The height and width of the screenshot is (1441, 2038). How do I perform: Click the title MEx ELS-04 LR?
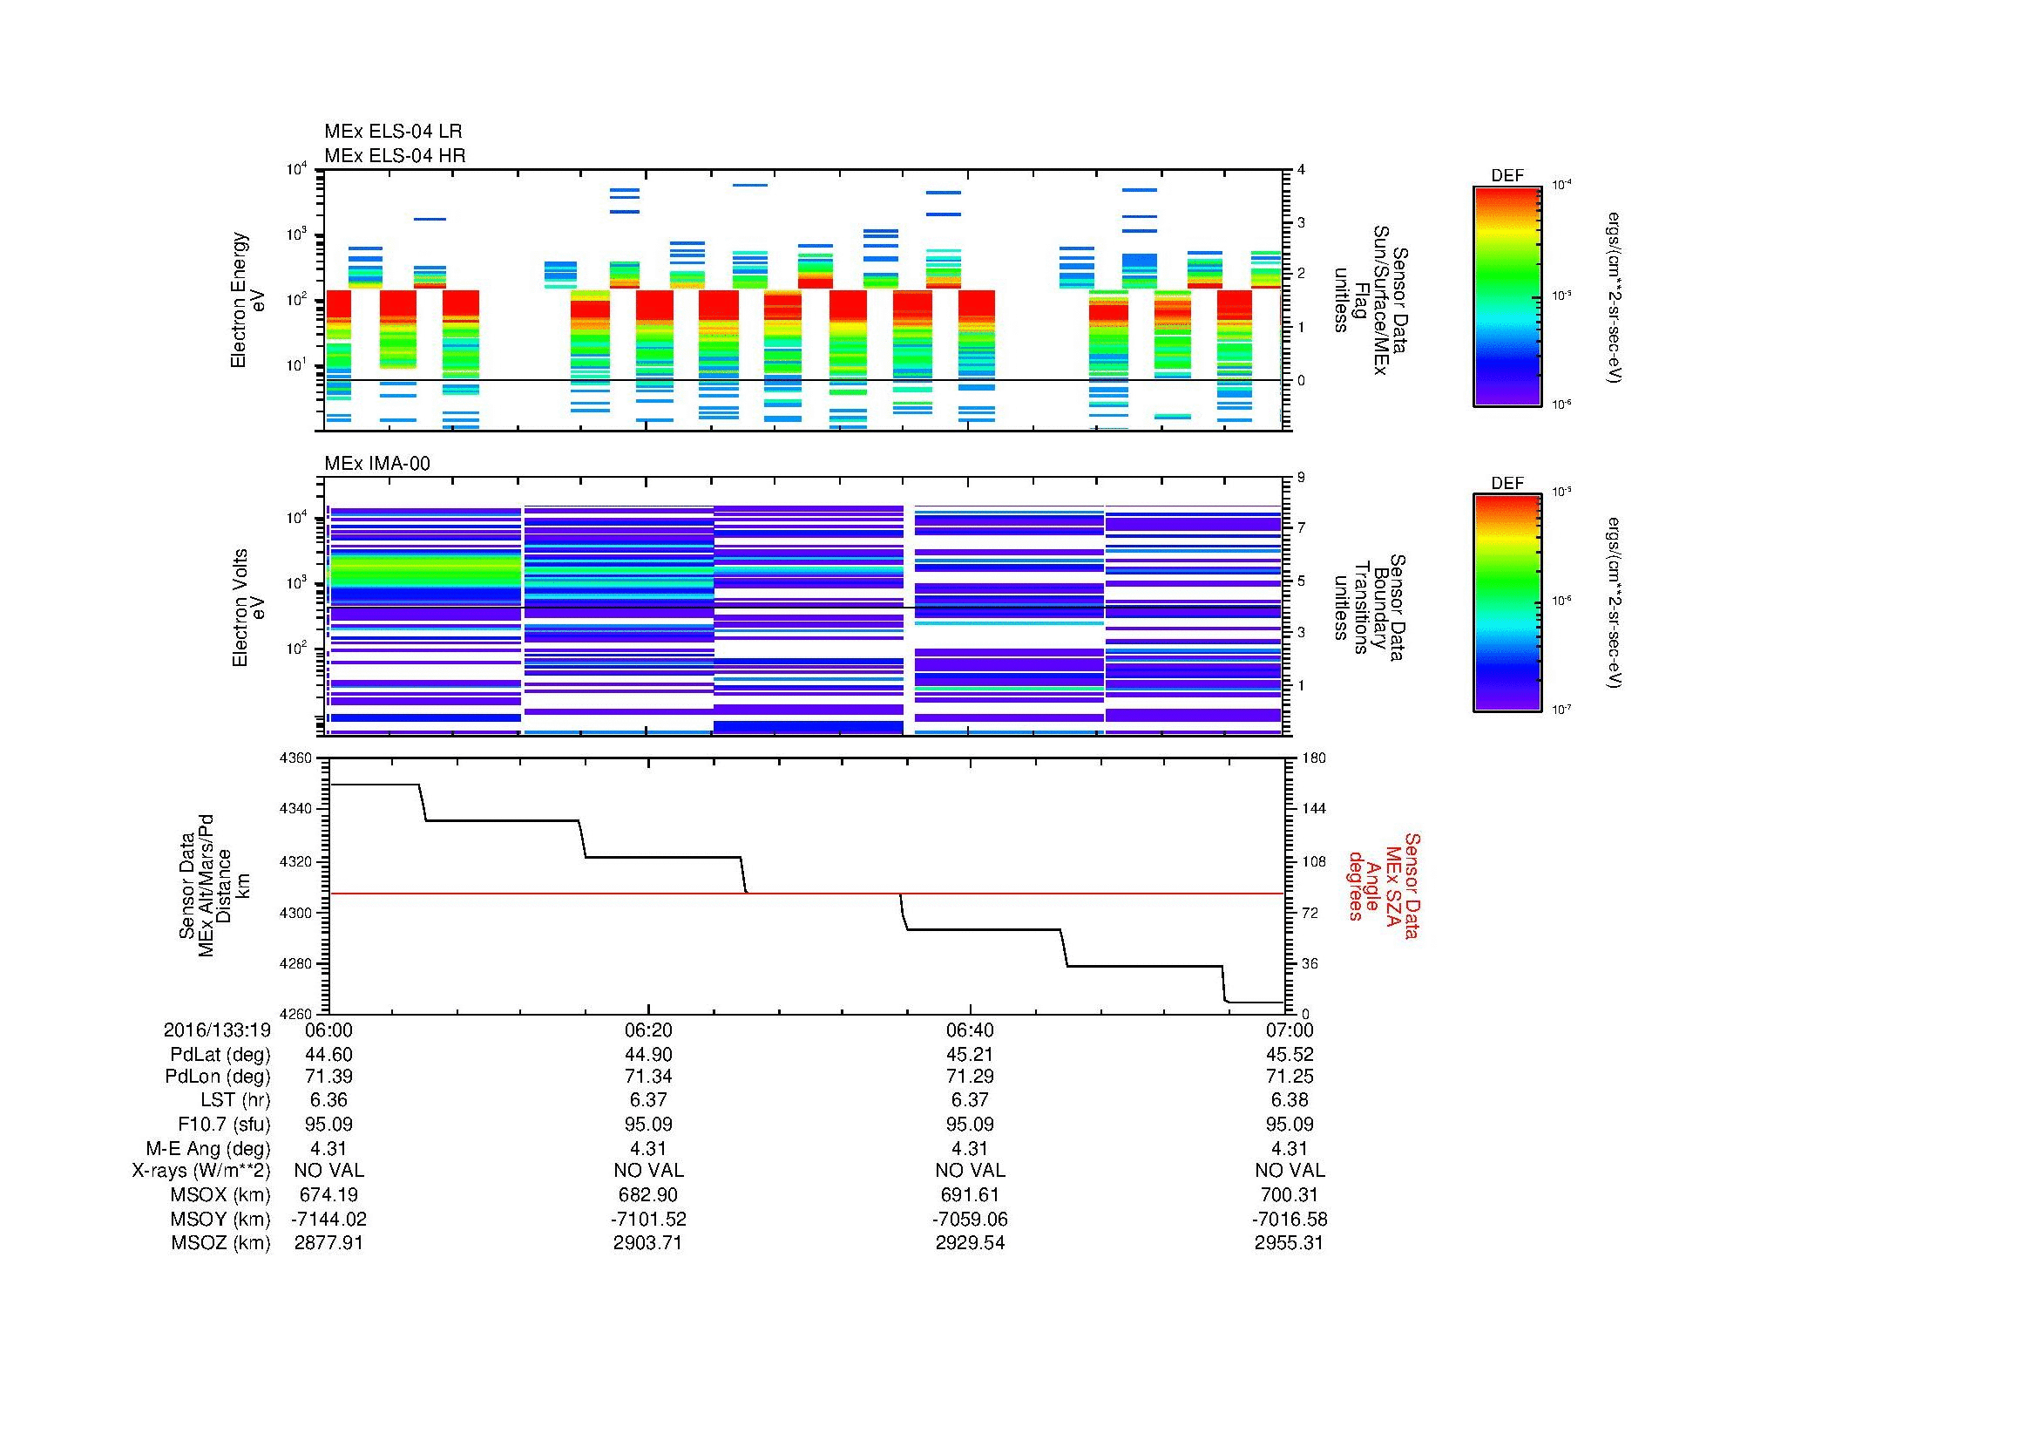tap(392, 132)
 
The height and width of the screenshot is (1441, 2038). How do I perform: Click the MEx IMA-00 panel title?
tap(376, 464)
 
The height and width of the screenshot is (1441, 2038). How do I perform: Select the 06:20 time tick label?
tap(648, 1030)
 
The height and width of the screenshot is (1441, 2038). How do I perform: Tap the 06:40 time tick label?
tap(969, 1030)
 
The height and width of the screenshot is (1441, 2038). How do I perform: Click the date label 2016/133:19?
tap(217, 1030)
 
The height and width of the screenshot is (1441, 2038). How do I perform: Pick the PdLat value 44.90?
tap(648, 1055)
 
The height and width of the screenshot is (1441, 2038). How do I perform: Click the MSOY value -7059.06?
tap(969, 1219)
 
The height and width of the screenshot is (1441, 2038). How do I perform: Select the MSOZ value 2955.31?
tap(1289, 1243)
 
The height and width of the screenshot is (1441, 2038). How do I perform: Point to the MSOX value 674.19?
tap(328, 1195)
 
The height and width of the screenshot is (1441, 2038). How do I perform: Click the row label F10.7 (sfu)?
tap(223, 1125)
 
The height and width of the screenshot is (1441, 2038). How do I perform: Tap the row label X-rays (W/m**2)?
tap(200, 1171)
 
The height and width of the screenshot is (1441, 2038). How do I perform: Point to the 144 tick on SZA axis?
tap(1313, 809)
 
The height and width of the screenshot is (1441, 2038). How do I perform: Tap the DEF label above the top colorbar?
tap(1507, 176)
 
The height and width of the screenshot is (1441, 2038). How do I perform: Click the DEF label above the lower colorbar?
tap(1507, 484)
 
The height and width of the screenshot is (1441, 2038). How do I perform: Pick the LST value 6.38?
tap(1289, 1100)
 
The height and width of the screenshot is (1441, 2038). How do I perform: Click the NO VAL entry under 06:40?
tap(969, 1171)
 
